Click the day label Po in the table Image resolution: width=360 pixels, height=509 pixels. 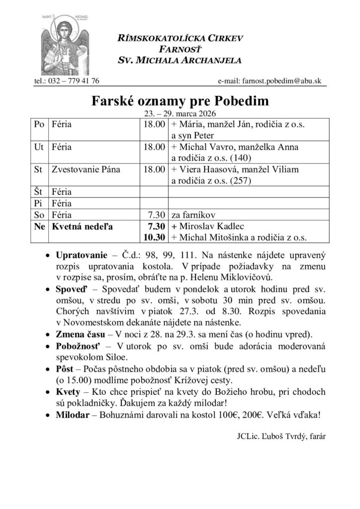coord(39,124)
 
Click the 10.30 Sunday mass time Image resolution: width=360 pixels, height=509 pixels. coord(154,237)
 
